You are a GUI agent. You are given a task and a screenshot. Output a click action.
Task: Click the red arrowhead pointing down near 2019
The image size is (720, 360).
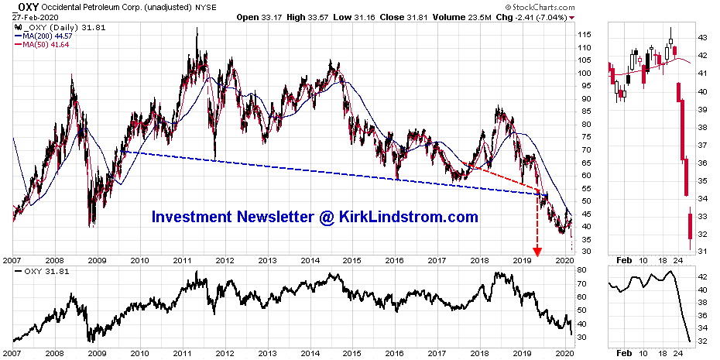537,252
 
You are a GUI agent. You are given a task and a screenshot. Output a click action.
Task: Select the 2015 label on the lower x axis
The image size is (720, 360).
351,261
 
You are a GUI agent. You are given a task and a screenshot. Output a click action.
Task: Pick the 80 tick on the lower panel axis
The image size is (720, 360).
581,270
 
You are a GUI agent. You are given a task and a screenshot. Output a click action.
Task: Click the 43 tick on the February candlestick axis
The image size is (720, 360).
701,37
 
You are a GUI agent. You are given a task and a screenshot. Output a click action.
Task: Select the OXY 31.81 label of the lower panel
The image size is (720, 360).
37,271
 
